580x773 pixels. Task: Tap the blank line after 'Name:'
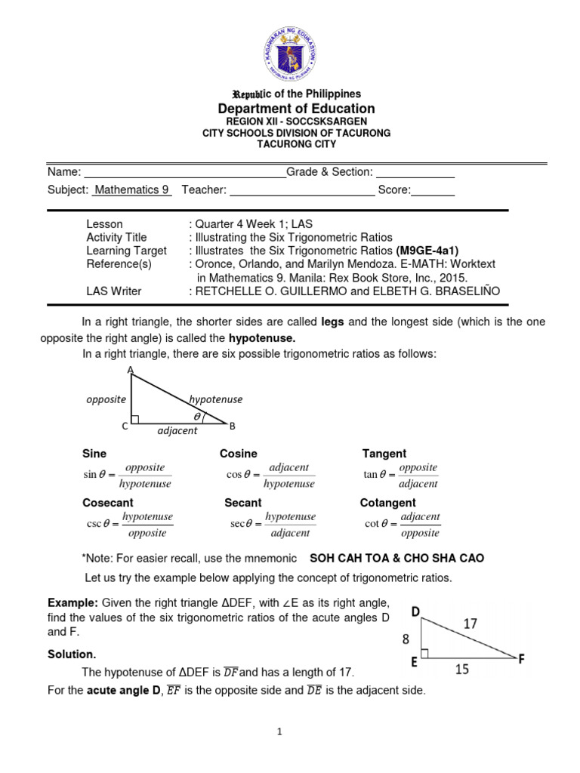point(184,173)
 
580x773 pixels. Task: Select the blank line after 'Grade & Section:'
point(415,173)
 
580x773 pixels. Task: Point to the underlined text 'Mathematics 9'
point(131,190)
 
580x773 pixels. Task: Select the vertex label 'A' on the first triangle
point(131,370)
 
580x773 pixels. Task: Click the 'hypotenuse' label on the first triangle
point(215,399)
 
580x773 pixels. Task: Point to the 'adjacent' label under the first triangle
point(177,430)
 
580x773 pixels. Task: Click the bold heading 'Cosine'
point(238,454)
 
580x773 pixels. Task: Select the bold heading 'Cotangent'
point(387,503)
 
